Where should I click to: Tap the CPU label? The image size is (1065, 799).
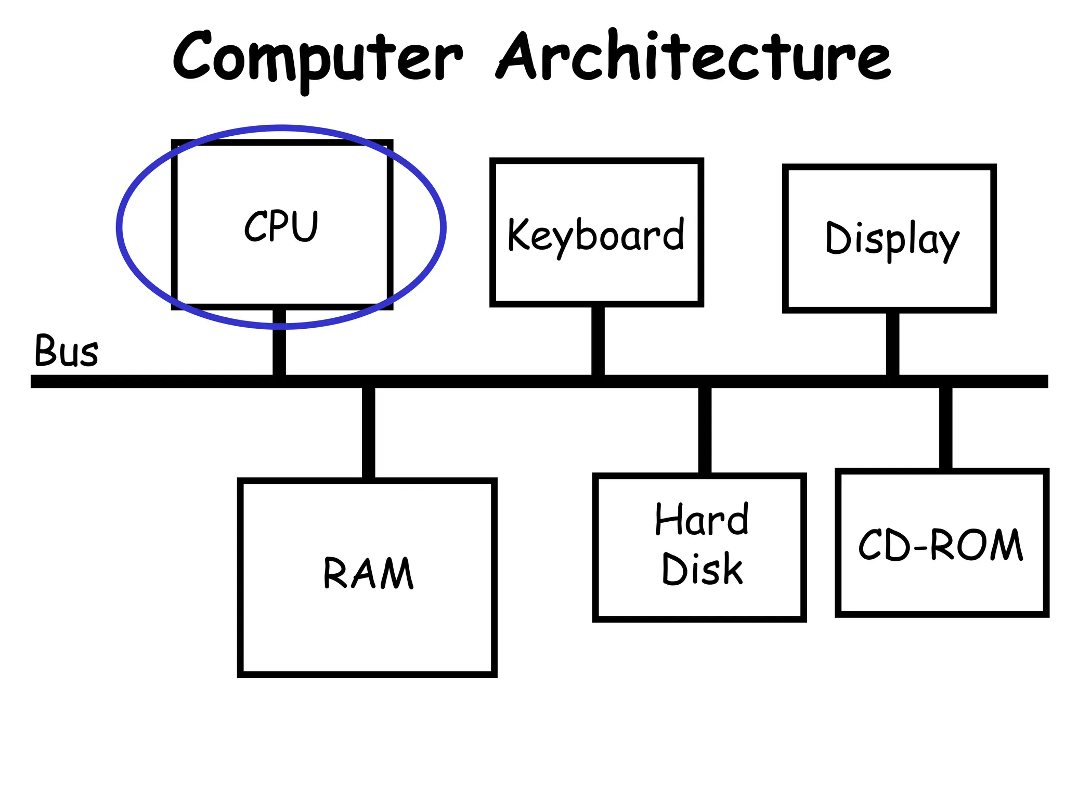tap(281, 226)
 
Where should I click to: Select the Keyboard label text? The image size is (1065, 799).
tap(595, 235)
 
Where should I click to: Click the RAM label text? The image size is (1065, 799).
tap(368, 573)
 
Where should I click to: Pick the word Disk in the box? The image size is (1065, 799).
tap(702, 569)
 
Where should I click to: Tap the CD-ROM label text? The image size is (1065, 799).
tap(940, 545)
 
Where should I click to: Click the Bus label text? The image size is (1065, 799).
tap(66, 351)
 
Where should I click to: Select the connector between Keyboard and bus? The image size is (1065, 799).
tap(598, 341)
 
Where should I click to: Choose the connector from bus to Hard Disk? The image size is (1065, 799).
tap(705, 431)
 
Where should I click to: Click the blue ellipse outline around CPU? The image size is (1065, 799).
tap(119, 227)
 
